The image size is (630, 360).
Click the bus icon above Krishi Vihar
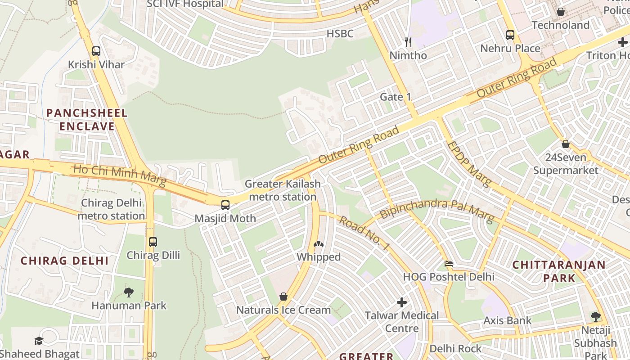tap(96, 51)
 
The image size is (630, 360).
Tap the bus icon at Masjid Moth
tap(225, 205)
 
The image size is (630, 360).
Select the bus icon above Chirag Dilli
tap(153, 242)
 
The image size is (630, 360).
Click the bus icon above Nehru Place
tap(510, 35)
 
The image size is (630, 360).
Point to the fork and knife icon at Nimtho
tap(408, 42)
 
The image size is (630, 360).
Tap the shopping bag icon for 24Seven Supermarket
tap(566, 144)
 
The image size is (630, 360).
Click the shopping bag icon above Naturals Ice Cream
tap(283, 297)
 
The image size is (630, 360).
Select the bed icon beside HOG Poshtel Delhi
tap(449, 264)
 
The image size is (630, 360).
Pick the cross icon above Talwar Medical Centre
tap(402, 302)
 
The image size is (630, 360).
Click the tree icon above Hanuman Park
tap(129, 292)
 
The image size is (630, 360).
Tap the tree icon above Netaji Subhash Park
tap(596, 317)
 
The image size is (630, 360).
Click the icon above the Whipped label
tap(319, 244)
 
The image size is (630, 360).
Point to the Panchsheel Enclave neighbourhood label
tap(87, 119)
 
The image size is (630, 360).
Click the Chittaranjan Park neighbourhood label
tap(559, 271)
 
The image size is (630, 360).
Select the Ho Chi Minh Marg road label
tap(119, 176)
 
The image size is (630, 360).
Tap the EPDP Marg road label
tap(469, 164)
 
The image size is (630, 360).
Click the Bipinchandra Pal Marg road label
tap(436, 209)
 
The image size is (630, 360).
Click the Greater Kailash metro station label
tap(283, 190)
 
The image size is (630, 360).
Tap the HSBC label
tap(340, 34)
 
